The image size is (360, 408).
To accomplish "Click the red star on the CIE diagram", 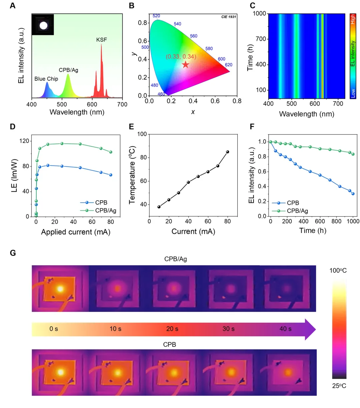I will [185, 64].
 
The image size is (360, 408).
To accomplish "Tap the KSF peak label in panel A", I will [102, 40].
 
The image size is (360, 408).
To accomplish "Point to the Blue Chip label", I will [46, 79].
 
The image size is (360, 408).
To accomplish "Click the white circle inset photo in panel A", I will [43, 25].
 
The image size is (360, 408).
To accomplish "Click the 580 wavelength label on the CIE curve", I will [209, 49].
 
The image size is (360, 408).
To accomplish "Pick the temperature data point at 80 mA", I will [228, 152].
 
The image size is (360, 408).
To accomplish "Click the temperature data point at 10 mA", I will [159, 207].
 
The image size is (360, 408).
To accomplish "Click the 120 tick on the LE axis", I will [24, 141].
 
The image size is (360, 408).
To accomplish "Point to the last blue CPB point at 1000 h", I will [353, 194].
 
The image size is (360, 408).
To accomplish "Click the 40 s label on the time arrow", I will [285, 329].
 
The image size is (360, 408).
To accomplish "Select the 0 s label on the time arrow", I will [54, 329].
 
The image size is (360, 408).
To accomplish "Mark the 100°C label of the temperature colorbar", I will [338, 271].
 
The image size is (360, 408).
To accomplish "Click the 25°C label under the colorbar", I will [339, 386].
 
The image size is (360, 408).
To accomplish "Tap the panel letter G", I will [13, 253].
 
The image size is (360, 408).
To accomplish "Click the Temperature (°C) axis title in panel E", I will [132, 175].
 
